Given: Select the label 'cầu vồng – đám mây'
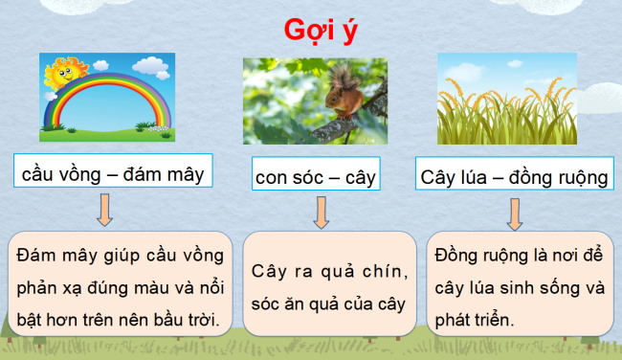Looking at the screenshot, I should [113, 173].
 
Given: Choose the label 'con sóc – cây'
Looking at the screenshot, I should [316, 177].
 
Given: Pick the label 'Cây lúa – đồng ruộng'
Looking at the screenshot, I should [514, 177].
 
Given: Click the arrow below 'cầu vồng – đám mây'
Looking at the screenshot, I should [104, 208].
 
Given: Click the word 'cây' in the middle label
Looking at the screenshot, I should [356, 178].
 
